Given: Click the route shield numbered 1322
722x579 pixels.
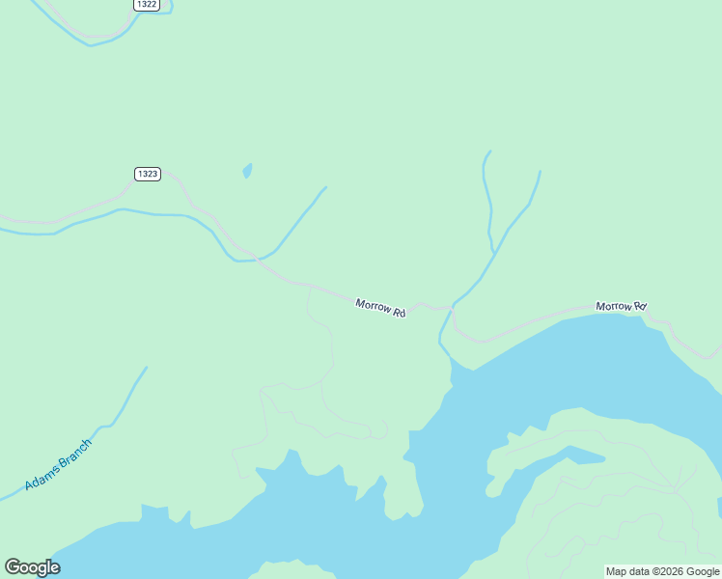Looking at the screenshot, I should pos(147,5).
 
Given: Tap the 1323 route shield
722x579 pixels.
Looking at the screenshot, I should pos(147,174).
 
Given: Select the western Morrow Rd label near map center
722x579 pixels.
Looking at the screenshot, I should pos(380,308).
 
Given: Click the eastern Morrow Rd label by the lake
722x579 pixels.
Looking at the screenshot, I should pos(621,307).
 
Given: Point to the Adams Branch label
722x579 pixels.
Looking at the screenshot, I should pos(58,463).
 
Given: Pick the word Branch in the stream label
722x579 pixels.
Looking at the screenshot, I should pos(74,452).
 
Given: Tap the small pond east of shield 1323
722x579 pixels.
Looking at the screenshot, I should pos(247,171).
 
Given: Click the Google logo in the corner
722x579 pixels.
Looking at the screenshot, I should pos(32,567).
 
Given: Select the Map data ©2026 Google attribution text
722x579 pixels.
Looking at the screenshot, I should pos(663,571).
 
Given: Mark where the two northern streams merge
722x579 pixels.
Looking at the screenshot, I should pos(495,253).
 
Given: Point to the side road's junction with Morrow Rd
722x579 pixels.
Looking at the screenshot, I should pos(308,287).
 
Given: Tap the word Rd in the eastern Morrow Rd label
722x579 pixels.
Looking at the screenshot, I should pos(639,308).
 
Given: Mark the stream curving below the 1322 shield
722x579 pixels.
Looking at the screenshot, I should pos(92,42).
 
